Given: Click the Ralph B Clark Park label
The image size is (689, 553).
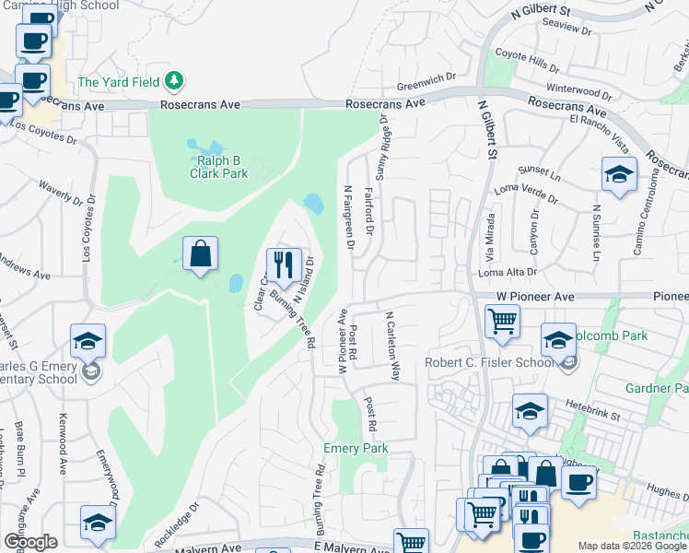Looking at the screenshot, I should coord(219,166).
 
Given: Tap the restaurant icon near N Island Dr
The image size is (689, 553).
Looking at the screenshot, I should coord(283,265).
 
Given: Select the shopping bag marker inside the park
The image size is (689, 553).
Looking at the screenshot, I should coord(200,253).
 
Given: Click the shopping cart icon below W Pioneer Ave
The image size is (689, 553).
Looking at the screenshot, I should coord(503,322).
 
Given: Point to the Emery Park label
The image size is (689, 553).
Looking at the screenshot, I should coord(356,448).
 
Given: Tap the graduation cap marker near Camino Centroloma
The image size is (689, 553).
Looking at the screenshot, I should coord(619,174).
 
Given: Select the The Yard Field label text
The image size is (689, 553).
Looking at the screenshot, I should coord(118,82).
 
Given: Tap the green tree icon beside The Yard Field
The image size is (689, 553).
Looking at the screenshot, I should coord(171,82).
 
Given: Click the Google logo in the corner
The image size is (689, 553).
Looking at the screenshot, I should coord(30,541).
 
